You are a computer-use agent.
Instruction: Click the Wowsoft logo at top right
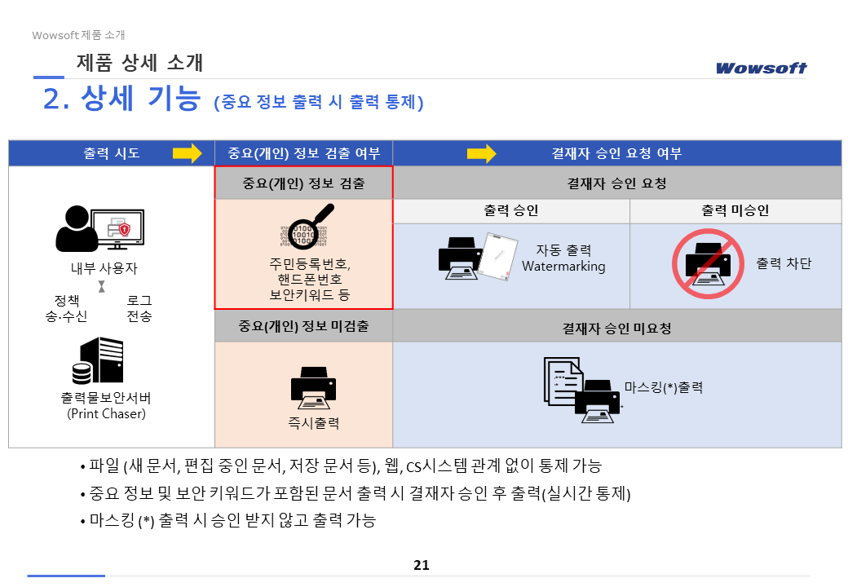pyautogui.click(x=761, y=68)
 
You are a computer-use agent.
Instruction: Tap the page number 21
pyautogui.click(x=422, y=565)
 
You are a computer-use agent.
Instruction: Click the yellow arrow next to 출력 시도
pyautogui.click(x=187, y=153)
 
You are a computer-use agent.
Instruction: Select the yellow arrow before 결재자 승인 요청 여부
pyautogui.click(x=481, y=153)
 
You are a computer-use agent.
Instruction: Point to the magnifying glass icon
pyautogui.click(x=307, y=227)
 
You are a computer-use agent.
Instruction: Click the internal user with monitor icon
pyautogui.click(x=100, y=228)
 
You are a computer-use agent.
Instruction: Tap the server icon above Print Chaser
pyautogui.click(x=98, y=360)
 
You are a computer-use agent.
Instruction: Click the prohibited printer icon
pyautogui.click(x=708, y=263)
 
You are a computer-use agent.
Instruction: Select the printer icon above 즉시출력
pyautogui.click(x=313, y=388)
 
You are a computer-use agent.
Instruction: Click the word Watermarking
pyautogui.click(x=563, y=267)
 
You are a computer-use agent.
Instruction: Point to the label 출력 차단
pyautogui.click(x=784, y=263)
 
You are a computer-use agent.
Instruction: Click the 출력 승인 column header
pyautogui.click(x=511, y=211)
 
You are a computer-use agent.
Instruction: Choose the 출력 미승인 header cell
pyautogui.click(x=735, y=211)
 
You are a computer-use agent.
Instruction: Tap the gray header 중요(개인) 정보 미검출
pyautogui.click(x=303, y=326)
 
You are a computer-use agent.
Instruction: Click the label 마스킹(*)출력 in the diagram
pyautogui.click(x=664, y=387)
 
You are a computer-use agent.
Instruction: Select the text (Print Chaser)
pyautogui.click(x=107, y=414)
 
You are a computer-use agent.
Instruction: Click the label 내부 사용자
pyautogui.click(x=104, y=268)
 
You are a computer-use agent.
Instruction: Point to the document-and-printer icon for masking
pyautogui.click(x=582, y=390)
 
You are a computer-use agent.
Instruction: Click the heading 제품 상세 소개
pyautogui.click(x=139, y=63)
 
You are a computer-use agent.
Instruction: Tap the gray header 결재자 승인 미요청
pyautogui.click(x=617, y=328)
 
